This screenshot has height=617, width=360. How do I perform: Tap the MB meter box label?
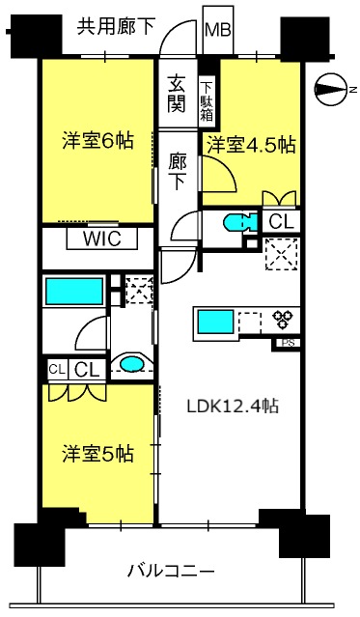218,29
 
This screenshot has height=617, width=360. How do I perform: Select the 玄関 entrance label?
177,92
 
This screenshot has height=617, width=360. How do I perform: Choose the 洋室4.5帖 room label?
251,145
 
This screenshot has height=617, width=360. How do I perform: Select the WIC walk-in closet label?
101,238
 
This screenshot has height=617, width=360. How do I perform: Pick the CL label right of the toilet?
280,222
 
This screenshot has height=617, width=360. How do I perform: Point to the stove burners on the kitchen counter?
285,320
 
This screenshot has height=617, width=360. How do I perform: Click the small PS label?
287,342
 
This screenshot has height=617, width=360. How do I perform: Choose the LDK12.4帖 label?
233,407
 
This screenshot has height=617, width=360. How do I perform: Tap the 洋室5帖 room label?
98,453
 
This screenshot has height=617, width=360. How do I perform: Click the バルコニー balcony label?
170,572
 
